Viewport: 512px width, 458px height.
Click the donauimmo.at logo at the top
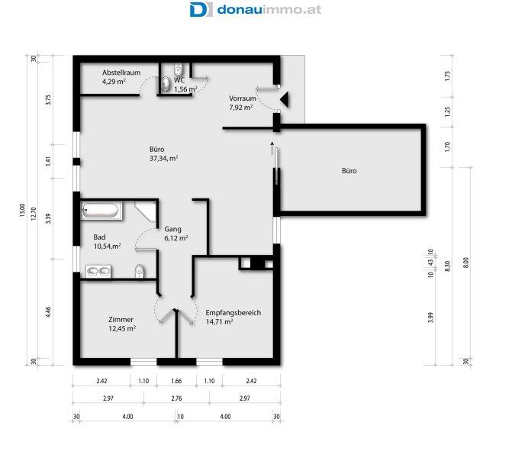[x=256, y=9]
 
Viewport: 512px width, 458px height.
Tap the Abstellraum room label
[x=121, y=73]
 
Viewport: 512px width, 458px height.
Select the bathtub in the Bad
[x=101, y=211]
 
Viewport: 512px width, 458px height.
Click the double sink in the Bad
[x=98, y=272]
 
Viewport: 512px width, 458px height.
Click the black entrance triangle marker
[x=285, y=99]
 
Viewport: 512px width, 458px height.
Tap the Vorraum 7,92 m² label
[x=242, y=102]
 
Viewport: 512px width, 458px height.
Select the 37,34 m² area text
[x=163, y=159]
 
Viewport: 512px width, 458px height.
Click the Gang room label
[x=172, y=229]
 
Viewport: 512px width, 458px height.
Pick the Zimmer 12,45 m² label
[x=122, y=324]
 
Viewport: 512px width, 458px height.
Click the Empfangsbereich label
[x=233, y=313]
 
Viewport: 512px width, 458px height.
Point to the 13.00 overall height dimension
[x=22, y=211]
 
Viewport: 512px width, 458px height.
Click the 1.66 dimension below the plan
[x=176, y=381]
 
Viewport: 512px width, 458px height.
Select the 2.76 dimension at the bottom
[x=176, y=398]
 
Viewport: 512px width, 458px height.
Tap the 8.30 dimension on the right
[x=447, y=266]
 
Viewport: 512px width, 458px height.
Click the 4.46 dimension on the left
[x=48, y=312]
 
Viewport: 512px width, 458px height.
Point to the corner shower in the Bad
[x=146, y=211]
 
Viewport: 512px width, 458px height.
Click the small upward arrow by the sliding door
[x=272, y=148]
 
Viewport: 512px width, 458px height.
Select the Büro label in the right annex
[x=349, y=170]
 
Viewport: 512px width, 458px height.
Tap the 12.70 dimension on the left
[x=34, y=214]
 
